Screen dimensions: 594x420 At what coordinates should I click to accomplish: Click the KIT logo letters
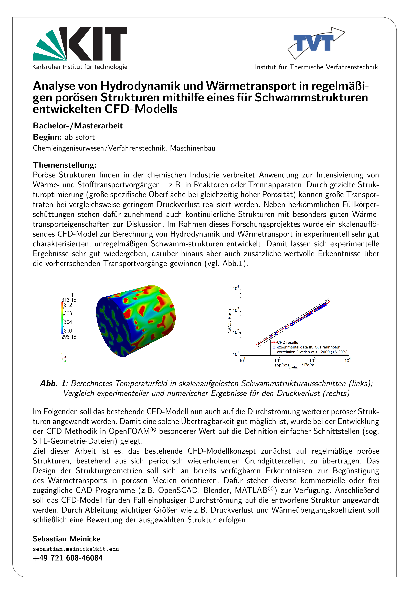point(97,44)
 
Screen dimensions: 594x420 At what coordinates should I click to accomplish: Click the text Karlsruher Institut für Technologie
point(80,67)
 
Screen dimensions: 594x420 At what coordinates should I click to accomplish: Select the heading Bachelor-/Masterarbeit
point(78,126)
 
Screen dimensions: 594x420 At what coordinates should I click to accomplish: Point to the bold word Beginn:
point(47,137)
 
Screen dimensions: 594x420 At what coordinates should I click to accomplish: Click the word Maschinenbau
point(193,148)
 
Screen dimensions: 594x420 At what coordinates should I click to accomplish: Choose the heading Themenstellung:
point(64,165)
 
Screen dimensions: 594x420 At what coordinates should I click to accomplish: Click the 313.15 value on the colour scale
point(69,300)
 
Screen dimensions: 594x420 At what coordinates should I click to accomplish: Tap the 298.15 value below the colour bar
point(69,337)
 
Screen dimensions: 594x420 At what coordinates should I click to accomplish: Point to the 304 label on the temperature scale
point(68,322)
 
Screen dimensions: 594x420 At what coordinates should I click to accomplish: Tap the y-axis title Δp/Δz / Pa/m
point(229,321)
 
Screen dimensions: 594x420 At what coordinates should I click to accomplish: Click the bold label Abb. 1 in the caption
point(53,383)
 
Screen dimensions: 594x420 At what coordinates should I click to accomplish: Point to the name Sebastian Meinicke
point(67,539)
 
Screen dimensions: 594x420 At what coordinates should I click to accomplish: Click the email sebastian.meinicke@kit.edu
point(76,549)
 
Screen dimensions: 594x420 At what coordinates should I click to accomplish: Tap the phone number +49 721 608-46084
point(68,558)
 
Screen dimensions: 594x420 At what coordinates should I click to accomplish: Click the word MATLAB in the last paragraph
point(251,491)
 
